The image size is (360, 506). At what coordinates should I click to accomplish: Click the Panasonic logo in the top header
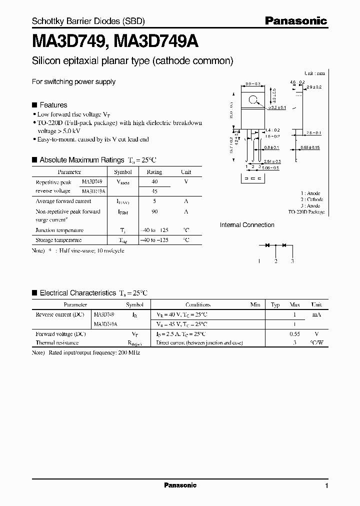click(295, 20)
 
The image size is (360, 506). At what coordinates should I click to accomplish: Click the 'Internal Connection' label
click(247, 225)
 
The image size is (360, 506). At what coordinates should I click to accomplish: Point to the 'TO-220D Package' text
click(306, 212)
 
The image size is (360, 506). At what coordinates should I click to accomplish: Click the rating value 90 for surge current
click(154, 211)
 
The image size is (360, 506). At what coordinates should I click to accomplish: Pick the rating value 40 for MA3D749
click(154, 181)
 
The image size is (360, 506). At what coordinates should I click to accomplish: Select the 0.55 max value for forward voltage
click(294, 333)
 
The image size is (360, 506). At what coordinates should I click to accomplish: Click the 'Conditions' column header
click(198, 304)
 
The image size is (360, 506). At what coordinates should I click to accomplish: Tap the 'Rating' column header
click(154, 172)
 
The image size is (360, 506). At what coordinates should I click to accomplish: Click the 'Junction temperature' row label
click(59, 230)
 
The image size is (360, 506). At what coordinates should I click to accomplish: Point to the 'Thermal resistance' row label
click(57, 343)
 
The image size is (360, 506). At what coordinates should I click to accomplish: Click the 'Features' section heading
click(53, 105)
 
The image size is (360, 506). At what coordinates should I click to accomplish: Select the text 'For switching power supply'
click(73, 81)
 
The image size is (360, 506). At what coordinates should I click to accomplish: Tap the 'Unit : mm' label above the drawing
click(314, 73)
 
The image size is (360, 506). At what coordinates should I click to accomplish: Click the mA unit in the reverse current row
click(316, 315)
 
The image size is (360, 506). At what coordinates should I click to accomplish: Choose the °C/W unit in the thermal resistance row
click(316, 343)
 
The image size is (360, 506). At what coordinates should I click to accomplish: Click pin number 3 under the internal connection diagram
click(292, 261)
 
